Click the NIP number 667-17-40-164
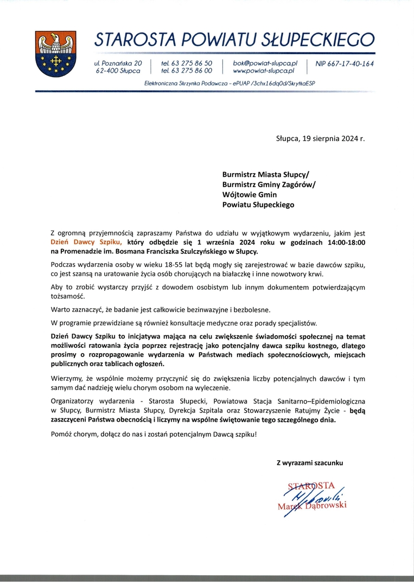click(x=345, y=63)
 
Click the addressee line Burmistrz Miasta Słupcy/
click(x=265, y=174)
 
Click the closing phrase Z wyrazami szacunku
click(x=310, y=463)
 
